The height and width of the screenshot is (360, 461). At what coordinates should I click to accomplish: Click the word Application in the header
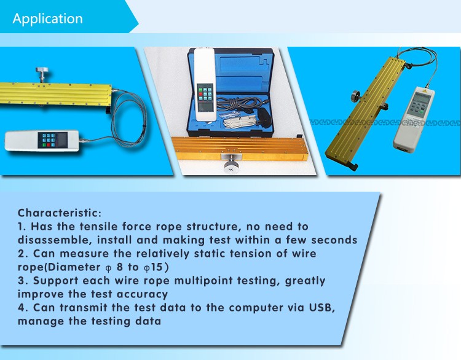tap(47, 18)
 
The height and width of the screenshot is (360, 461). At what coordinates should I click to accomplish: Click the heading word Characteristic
tap(59, 213)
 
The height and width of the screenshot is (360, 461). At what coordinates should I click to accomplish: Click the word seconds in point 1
tap(332, 240)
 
